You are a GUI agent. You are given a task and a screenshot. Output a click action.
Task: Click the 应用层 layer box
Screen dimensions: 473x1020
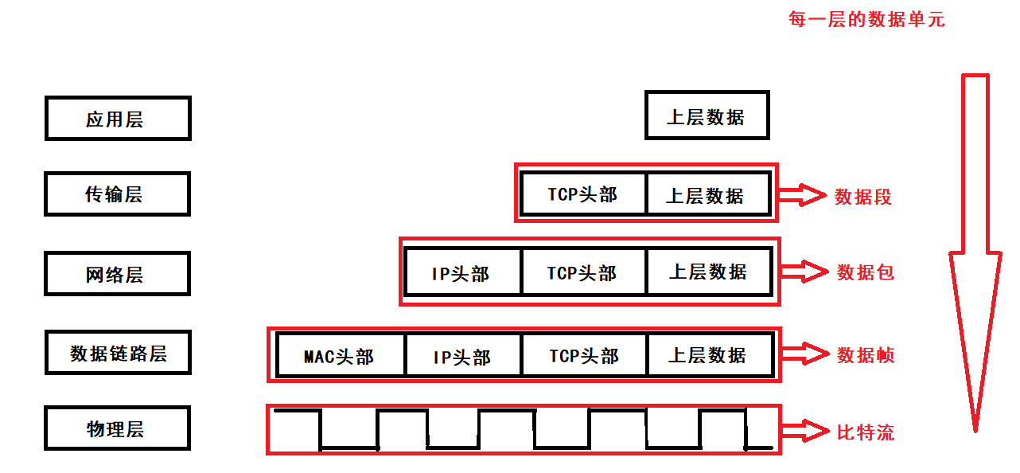pos(118,119)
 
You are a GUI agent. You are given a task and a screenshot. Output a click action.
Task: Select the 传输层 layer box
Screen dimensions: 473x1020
pos(118,193)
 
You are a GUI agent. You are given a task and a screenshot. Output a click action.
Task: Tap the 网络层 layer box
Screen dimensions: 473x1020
pos(118,274)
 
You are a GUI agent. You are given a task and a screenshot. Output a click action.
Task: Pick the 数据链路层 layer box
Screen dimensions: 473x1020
pos(118,353)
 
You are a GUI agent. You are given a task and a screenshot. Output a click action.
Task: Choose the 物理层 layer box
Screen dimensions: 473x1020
pos(118,428)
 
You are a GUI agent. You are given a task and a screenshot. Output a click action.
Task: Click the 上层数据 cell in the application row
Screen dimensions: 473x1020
pos(707,116)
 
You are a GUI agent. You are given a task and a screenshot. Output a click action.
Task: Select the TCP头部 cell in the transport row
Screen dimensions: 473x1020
pos(582,194)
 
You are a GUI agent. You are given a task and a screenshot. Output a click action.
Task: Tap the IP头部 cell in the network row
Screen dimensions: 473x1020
pos(461,272)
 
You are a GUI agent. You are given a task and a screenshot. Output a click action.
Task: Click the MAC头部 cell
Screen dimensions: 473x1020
pos(340,355)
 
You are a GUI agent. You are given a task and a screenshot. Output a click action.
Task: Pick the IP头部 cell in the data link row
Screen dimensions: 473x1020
pos(462,355)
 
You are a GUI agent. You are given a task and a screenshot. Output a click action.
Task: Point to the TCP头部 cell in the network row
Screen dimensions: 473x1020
pos(582,272)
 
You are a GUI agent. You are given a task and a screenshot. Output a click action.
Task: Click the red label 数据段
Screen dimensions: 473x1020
pos(863,196)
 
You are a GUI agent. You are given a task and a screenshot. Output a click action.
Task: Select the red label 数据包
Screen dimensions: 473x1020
pos(866,272)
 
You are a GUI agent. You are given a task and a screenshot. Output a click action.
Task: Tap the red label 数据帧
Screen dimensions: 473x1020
pos(866,354)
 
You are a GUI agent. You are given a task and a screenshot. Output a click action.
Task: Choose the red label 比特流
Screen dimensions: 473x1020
pos(866,432)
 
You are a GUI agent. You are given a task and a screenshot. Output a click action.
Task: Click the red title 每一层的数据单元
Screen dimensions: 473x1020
pos(866,19)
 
